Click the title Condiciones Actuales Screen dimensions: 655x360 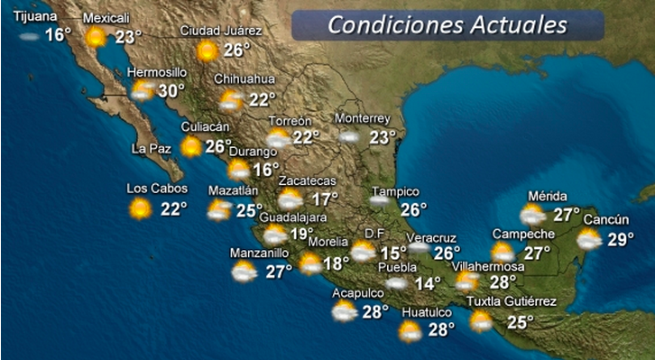[x=447, y=24]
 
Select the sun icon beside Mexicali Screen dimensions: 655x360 [x=96, y=37]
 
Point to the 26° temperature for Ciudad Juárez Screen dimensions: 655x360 [x=236, y=50]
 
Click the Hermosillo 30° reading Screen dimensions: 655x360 [x=171, y=90]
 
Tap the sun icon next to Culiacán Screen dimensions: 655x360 [x=191, y=146]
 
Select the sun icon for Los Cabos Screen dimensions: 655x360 [x=140, y=208]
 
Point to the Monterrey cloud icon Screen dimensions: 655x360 [x=349, y=137]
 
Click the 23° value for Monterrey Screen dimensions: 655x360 [x=382, y=137]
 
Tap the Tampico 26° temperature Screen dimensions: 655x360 [x=413, y=209]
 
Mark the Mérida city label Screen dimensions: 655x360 [x=548, y=197]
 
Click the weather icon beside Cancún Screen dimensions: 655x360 [x=589, y=239]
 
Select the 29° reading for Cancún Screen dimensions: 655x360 [x=620, y=239]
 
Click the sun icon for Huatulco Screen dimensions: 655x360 [x=410, y=331]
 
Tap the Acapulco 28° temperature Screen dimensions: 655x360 [x=374, y=311]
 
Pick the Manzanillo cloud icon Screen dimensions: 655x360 [x=244, y=272]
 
